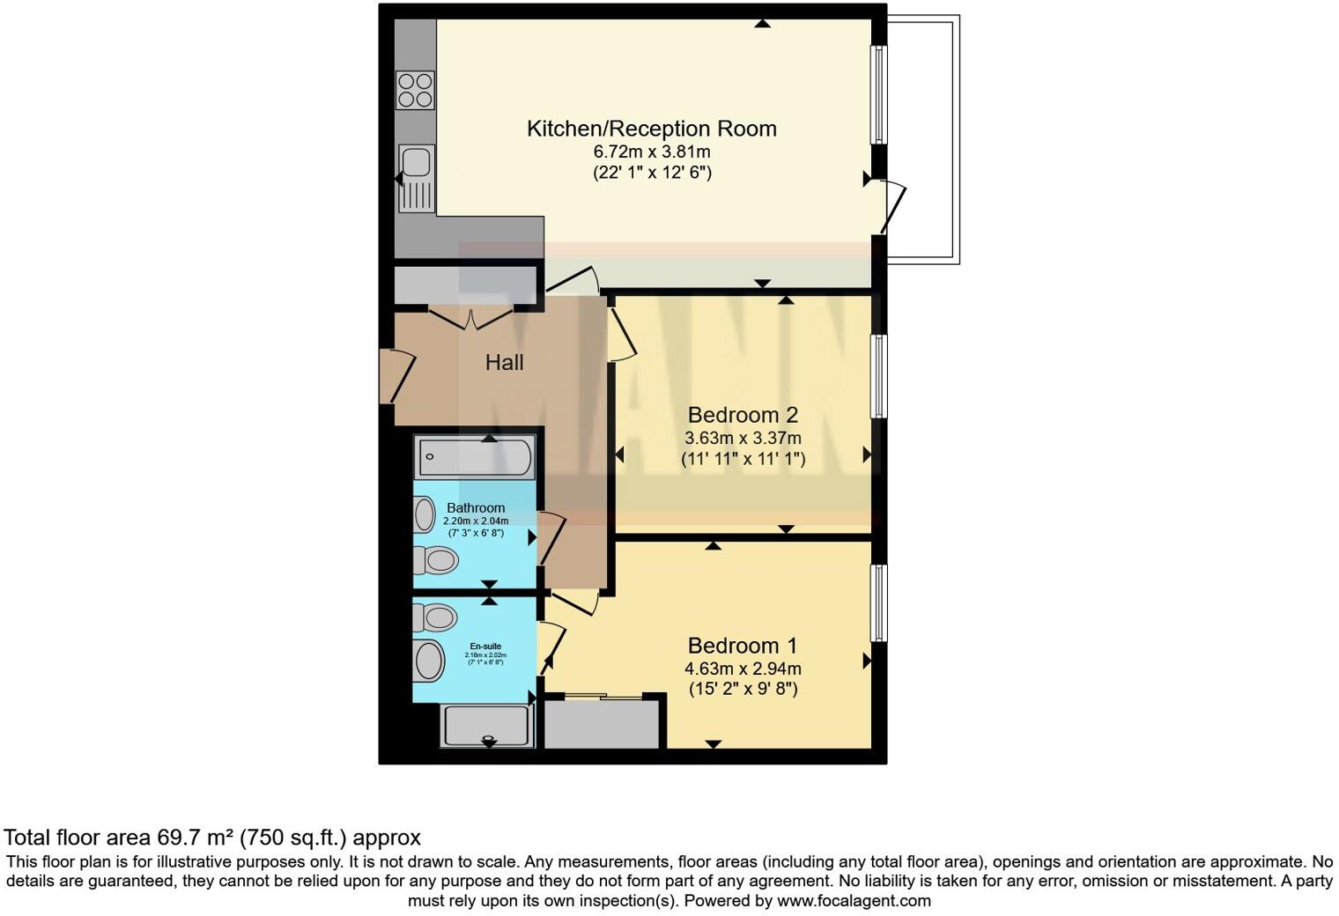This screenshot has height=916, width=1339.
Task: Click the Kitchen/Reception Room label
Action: click(x=651, y=129)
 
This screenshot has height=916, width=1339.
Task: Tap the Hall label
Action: click(x=504, y=362)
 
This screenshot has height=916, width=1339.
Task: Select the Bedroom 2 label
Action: click(x=743, y=415)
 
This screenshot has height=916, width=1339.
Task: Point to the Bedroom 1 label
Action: click(x=743, y=646)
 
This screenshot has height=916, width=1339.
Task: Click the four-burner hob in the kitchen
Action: click(x=416, y=90)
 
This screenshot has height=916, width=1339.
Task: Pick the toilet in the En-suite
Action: click(x=436, y=617)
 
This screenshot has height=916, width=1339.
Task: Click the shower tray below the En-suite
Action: click(x=487, y=726)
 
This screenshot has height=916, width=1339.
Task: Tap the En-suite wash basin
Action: click(x=429, y=661)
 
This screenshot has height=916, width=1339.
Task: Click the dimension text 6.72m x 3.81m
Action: click(x=651, y=151)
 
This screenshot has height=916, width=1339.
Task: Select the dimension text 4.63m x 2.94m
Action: click(x=743, y=669)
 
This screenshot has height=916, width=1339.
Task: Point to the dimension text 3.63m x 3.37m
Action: click(x=743, y=438)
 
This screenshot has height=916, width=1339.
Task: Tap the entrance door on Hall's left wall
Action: click(x=397, y=375)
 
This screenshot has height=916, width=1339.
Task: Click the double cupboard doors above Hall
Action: click(x=470, y=317)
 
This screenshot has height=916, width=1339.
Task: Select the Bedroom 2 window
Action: click(x=878, y=376)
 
